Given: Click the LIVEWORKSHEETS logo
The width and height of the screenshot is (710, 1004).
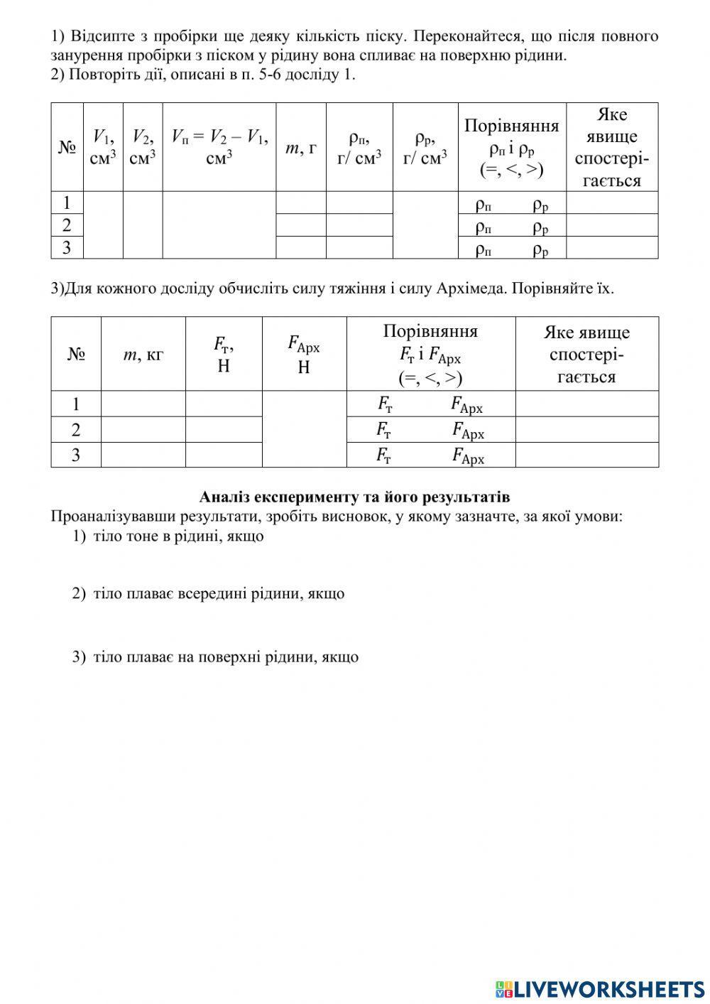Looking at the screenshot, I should (x=600, y=988).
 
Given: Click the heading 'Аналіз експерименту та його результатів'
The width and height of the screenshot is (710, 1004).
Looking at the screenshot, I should (x=354, y=497).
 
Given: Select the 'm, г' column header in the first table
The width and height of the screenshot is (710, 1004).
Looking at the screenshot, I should (x=301, y=148).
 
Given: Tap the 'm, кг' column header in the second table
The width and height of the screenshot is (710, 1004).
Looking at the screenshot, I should (x=143, y=354).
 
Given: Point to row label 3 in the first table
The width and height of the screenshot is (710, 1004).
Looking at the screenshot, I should (x=67, y=247).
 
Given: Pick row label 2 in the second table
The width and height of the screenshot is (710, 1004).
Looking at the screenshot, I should (x=76, y=429).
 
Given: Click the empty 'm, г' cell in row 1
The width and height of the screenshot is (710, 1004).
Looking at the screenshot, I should (x=301, y=203).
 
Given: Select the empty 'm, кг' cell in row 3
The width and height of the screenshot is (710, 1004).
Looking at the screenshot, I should (x=143, y=455).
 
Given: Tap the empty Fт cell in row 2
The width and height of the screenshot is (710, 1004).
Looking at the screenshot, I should (x=224, y=429).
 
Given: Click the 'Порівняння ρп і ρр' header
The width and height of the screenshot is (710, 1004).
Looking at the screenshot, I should (x=512, y=147).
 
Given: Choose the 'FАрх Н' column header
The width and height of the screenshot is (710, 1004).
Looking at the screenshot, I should (x=304, y=354).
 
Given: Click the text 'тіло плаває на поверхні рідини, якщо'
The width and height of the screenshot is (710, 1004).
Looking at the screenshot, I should (x=225, y=657).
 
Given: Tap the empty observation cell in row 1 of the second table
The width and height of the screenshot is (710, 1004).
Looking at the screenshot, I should (x=586, y=404).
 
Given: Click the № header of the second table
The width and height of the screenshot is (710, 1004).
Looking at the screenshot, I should (x=76, y=354).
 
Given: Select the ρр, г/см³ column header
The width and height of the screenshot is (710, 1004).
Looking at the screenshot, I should (x=425, y=147).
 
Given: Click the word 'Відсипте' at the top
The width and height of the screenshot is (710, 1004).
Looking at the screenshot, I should (x=99, y=36).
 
